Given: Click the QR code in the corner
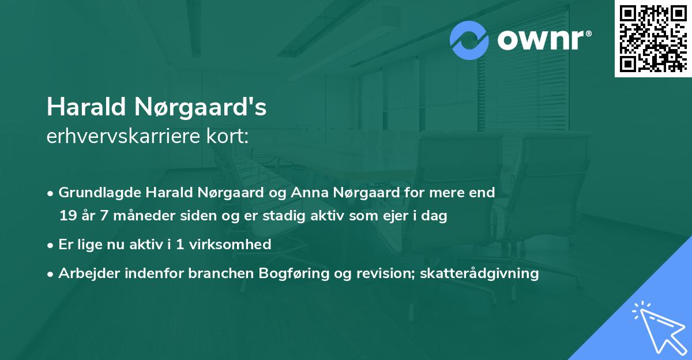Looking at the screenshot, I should (653, 39).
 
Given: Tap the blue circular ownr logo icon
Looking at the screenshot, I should (469, 40).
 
